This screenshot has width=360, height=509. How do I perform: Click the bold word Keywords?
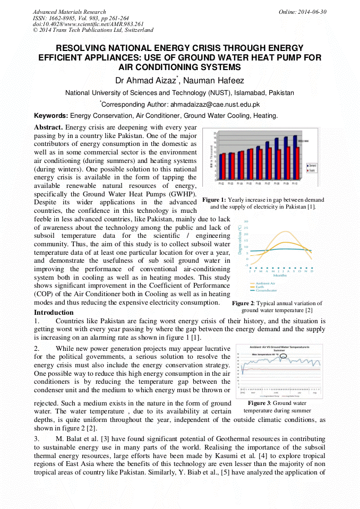click(50, 116)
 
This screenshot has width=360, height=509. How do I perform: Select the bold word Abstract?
click(48, 128)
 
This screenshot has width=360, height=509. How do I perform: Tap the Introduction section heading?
click(54, 313)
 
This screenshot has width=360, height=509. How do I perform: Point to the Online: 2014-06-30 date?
click(303, 12)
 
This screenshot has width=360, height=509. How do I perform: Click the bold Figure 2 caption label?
click(243, 304)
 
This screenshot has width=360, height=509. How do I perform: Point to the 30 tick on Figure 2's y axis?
click(246, 222)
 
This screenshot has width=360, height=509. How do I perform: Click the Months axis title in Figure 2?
click(280, 275)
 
